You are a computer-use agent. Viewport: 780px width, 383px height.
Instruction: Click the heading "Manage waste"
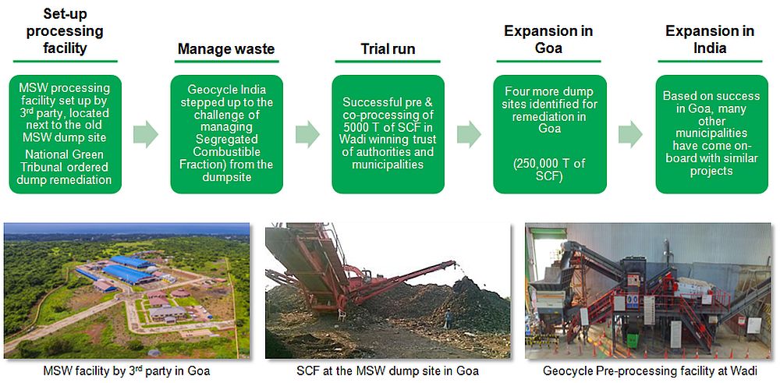[226, 48]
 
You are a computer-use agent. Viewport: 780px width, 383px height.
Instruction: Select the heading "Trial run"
[388, 48]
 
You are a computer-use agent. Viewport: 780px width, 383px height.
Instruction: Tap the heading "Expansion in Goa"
[548, 39]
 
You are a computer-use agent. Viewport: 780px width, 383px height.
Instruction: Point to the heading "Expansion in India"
[710, 39]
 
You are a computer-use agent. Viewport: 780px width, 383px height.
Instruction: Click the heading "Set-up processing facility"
[65, 31]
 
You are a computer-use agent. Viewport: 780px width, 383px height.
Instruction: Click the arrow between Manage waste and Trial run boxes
[307, 134]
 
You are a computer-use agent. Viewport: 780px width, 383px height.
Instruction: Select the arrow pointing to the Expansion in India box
[630, 134]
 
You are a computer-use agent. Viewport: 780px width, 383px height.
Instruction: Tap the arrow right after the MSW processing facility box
[146, 134]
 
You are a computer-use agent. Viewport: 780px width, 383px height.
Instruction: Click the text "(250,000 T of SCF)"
[550, 169]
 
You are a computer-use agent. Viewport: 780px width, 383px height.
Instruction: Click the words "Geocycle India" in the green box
[227, 90]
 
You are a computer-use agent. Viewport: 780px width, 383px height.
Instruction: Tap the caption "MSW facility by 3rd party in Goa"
[126, 371]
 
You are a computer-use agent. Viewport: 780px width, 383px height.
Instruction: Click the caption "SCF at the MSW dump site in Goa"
[388, 371]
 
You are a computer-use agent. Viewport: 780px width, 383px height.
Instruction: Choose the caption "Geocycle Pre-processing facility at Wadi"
[650, 371]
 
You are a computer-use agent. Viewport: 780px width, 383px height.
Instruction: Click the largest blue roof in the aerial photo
[128, 274]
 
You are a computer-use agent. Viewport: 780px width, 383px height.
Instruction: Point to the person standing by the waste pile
[448, 319]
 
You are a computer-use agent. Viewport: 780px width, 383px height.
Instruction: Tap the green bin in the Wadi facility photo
[633, 340]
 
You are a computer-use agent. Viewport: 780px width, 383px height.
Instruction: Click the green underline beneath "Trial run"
[388, 62]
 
